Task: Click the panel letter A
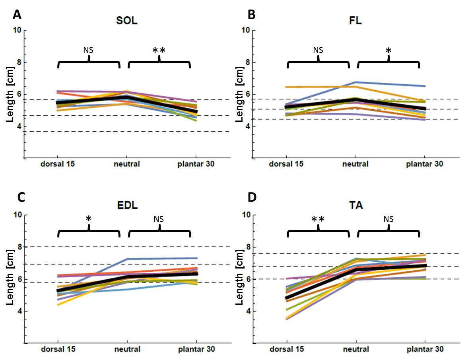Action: click(x=17, y=15)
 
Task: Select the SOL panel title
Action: click(x=127, y=21)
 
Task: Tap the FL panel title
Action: click(x=356, y=21)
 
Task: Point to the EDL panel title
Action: click(x=127, y=206)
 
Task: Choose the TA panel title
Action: click(x=356, y=206)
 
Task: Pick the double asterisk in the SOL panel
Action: click(x=159, y=51)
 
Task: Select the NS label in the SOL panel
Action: click(x=88, y=50)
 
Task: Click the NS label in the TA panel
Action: click(x=388, y=219)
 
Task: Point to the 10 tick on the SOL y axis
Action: click(x=17, y=30)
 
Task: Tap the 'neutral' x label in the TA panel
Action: click(x=356, y=349)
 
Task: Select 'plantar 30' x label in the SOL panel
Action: click(x=196, y=164)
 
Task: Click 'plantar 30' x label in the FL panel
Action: click(x=425, y=164)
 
